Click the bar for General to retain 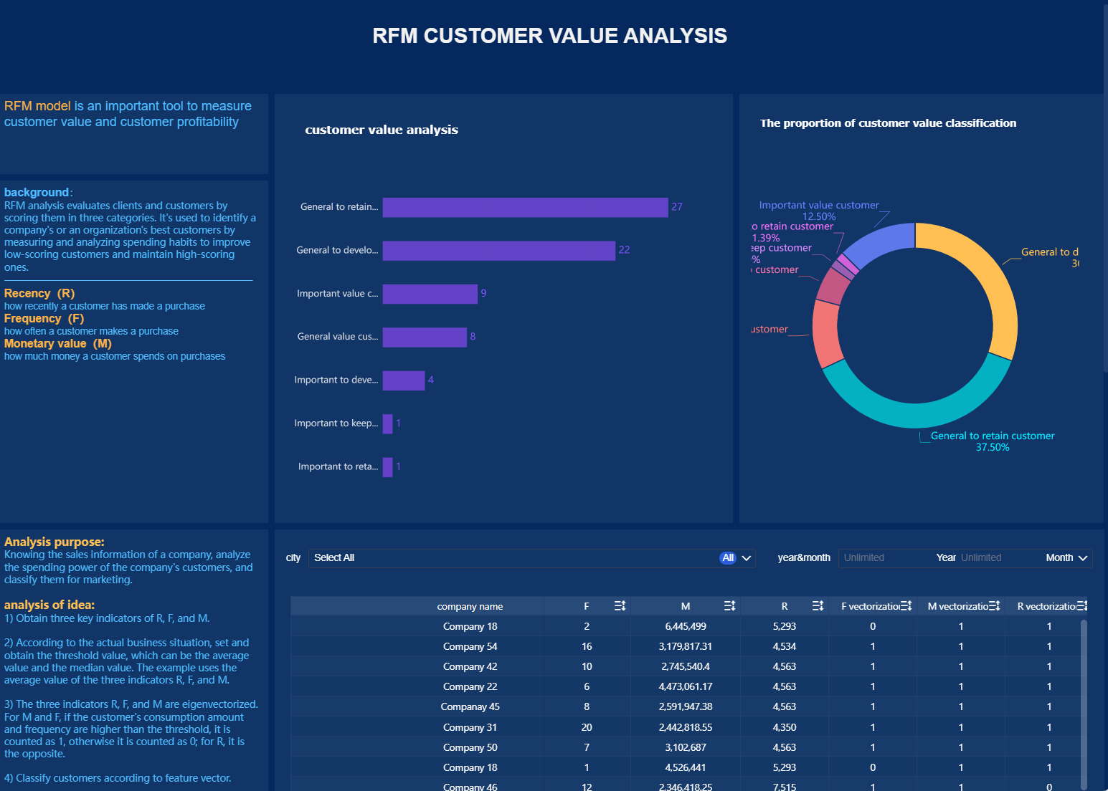tap(525, 207)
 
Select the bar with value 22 tap(498, 250)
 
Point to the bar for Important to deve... tap(403, 380)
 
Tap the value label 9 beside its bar tap(483, 293)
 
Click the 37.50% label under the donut tap(992, 448)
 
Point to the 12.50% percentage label tap(818, 216)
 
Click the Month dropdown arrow tap(1082, 558)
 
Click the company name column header tap(470, 607)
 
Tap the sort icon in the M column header tap(729, 606)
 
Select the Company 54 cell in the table tap(470, 647)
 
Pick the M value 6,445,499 tap(685, 627)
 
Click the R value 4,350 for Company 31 tap(784, 728)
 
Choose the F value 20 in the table tap(586, 728)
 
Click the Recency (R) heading tap(39, 294)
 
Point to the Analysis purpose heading tap(55, 542)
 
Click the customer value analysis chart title tap(381, 130)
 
